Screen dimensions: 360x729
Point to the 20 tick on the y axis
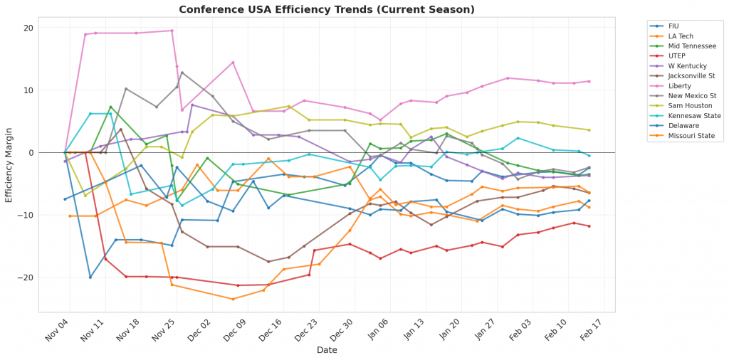29,28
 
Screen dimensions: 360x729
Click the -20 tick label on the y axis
27,277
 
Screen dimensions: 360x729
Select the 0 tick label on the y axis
31,152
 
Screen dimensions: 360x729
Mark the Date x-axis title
327,350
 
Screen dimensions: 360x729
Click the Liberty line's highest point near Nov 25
172,31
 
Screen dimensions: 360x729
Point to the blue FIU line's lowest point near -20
90,277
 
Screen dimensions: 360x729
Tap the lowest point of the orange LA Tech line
233,299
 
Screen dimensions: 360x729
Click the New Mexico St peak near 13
182,72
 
